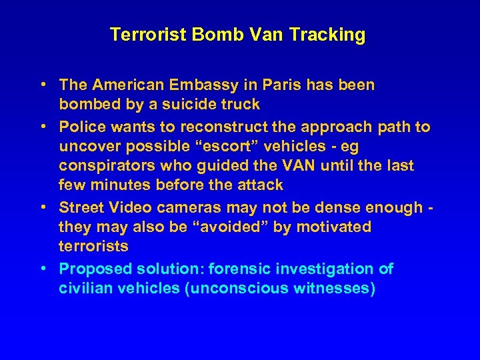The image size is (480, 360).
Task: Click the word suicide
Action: coord(182,104)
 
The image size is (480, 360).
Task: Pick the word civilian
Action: coord(85,288)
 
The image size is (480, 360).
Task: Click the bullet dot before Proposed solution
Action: coord(42,269)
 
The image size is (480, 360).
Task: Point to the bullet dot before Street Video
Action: coord(42,207)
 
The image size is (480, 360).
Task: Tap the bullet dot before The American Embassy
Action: coord(42,85)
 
